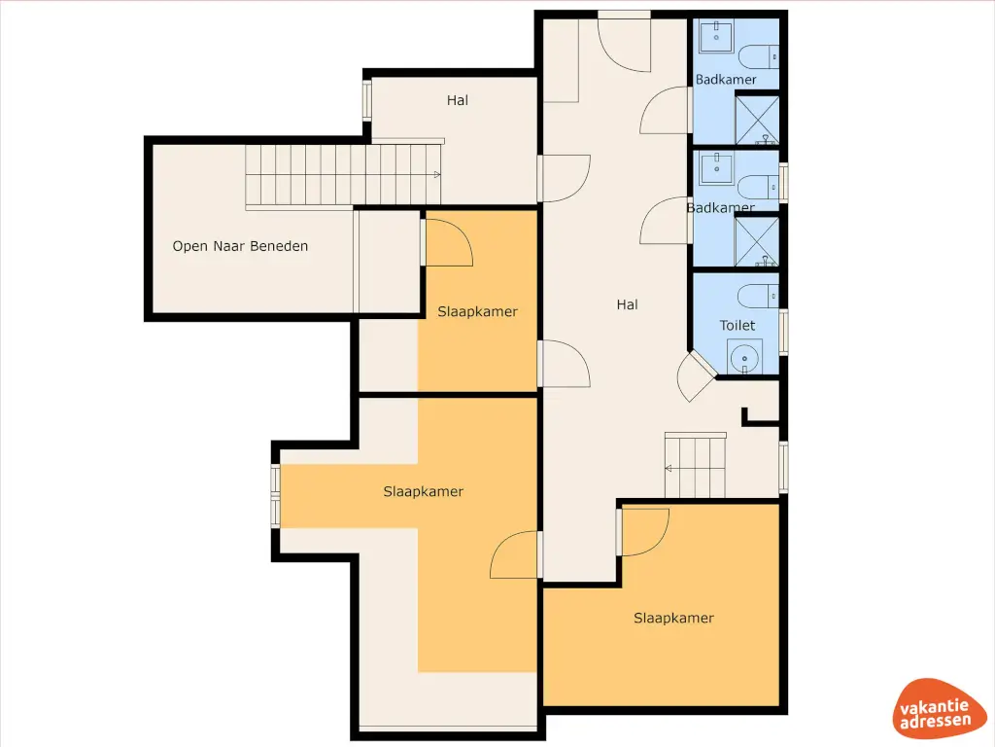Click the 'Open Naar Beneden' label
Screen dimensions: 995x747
point(240,246)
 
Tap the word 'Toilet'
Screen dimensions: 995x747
point(738,325)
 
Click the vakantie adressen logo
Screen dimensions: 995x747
point(936,708)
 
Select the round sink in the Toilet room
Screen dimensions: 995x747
point(745,358)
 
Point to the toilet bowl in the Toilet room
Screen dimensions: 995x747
point(758,296)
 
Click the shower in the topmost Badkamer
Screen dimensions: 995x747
point(757,120)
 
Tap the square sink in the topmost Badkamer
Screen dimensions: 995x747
point(716,36)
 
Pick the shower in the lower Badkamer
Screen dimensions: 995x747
point(757,242)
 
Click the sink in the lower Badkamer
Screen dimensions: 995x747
point(716,168)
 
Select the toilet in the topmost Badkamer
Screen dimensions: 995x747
point(759,57)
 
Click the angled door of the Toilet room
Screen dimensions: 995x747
point(696,375)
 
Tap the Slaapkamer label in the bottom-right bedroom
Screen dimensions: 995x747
point(674,618)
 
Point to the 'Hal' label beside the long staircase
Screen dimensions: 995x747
point(458,100)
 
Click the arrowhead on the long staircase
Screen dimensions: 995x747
point(437,175)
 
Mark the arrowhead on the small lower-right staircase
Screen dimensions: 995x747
point(669,469)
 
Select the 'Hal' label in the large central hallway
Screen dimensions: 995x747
point(627,304)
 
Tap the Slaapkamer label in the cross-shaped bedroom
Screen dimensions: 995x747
point(424,491)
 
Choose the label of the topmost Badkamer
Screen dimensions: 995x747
point(726,80)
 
